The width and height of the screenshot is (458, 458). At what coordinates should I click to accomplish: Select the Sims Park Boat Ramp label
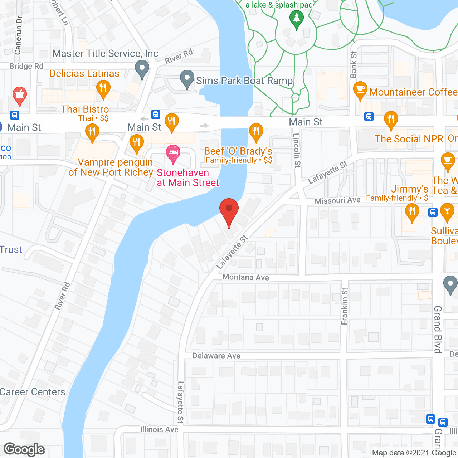(x=244, y=81)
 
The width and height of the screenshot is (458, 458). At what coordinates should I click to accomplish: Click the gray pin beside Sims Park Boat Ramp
(x=187, y=79)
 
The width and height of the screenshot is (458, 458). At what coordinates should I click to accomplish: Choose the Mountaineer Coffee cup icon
(x=360, y=90)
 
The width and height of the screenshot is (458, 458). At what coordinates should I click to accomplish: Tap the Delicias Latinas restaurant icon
(x=103, y=88)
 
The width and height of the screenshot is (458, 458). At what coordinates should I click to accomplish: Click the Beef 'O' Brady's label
(x=238, y=151)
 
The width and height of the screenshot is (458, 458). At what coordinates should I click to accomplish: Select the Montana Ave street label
(x=245, y=277)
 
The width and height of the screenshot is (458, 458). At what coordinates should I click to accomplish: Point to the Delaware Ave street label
(x=216, y=356)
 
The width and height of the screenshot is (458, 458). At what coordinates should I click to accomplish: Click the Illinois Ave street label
(x=159, y=429)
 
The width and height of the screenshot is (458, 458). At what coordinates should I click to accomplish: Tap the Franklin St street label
(x=345, y=306)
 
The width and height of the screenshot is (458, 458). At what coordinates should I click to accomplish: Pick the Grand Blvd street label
(x=438, y=329)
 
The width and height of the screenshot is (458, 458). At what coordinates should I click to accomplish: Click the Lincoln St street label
(x=297, y=150)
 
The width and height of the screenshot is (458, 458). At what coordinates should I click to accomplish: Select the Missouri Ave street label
(x=337, y=200)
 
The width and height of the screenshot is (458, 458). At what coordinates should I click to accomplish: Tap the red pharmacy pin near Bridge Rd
(x=20, y=96)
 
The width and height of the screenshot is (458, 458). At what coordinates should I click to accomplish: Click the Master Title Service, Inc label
(x=105, y=54)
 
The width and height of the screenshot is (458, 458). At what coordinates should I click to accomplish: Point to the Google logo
(x=24, y=449)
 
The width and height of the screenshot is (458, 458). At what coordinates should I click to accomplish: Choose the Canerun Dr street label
(x=18, y=35)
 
